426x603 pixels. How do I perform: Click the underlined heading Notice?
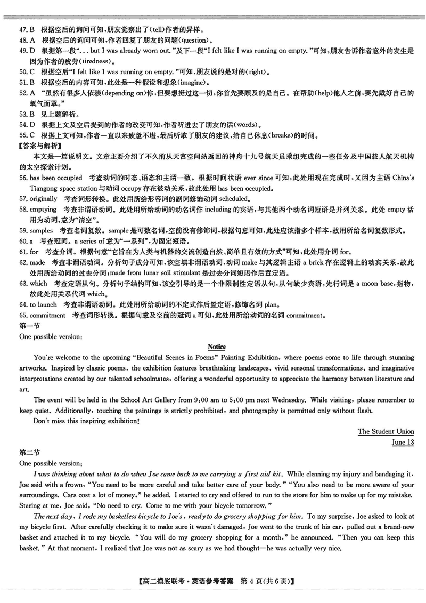coord(217,347)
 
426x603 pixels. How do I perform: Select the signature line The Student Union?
coord(386,431)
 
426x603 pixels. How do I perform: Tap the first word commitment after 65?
coord(50,315)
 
